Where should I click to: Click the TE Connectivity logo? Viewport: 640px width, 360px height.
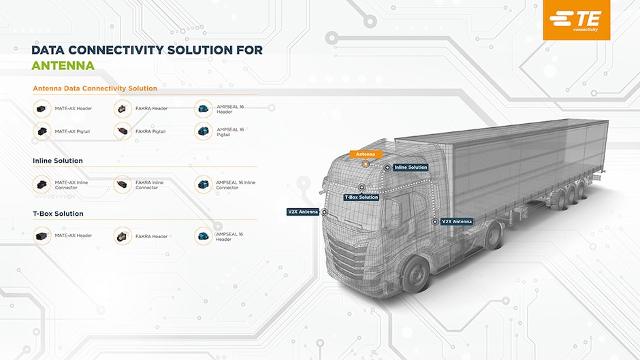[576, 20]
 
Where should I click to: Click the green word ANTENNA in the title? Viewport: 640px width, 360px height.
[63, 66]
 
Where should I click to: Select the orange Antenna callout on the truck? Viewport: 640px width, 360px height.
[366, 154]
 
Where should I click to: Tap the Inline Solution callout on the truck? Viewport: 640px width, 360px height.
[411, 167]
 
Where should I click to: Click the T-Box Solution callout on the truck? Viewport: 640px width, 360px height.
[362, 197]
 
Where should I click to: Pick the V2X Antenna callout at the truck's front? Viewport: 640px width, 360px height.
[303, 212]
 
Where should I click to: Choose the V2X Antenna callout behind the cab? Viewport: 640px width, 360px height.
[457, 222]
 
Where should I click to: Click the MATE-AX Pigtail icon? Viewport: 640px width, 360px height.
[42, 131]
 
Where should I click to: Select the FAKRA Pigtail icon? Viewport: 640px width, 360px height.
[123, 131]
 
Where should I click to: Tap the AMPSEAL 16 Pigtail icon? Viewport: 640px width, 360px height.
[204, 131]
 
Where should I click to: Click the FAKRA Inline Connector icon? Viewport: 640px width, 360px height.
[123, 184]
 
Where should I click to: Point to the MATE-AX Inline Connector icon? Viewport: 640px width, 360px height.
[42, 184]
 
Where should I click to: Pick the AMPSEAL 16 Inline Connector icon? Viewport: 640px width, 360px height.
[204, 184]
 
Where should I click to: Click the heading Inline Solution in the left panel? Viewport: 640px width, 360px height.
[58, 161]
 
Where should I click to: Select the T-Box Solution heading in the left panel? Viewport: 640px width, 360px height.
[58, 214]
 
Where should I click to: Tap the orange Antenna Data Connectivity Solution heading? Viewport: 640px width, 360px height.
[95, 88]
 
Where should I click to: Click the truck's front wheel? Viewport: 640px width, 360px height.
[415, 274]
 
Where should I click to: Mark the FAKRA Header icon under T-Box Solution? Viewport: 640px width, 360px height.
[123, 236]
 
